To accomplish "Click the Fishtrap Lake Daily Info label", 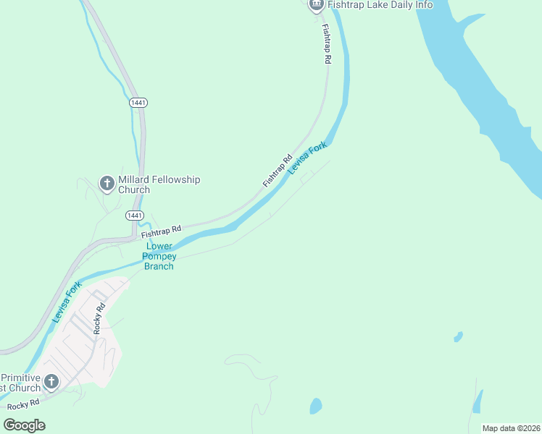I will click(380, 5).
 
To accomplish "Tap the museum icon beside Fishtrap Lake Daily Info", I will click(316, 4).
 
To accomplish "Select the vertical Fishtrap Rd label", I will click(326, 45).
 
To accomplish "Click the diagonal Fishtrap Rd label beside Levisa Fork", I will click(277, 171).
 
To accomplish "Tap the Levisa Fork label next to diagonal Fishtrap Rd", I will click(307, 158).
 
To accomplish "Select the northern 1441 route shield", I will click(138, 103).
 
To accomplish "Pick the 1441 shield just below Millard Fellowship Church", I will click(134, 216).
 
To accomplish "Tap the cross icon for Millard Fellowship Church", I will click(107, 184).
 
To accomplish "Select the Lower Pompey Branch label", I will click(159, 256).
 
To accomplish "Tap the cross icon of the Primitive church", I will click(51, 382).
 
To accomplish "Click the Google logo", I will click(24, 425).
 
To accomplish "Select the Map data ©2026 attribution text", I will click(510, 428).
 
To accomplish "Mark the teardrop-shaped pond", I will click(315, 407).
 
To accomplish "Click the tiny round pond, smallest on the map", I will click(458, 336).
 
